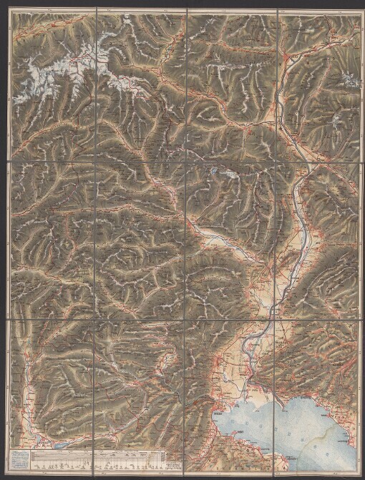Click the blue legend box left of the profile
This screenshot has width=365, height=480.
22,459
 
